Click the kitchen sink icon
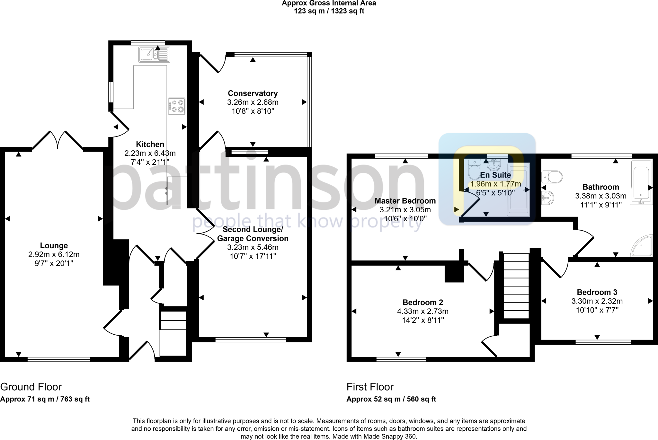(x=154, y=55)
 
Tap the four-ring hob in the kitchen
(x=177, y=106)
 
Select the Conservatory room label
(x=253, y=93)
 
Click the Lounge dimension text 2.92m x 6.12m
(x=54, y=255)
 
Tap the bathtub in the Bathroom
(x=641, y=181)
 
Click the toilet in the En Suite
(x=474, y=170)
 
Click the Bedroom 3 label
(x=597, y=292)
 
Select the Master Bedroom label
(x=405, y=201)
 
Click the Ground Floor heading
(x=31, y=387)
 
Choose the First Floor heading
(x=370, y=387)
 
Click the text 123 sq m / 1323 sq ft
(x=329, y=11)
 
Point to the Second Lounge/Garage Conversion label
(x=253, y=234)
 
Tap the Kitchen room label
(x=150, y=144)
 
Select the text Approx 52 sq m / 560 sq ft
(x=391, y=399)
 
